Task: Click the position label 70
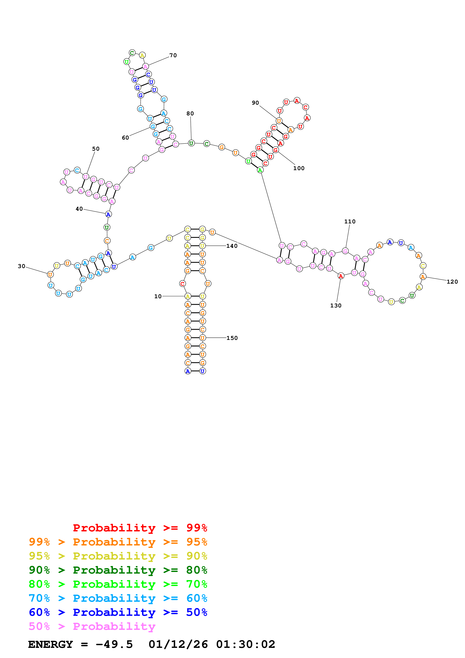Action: pyautogui.click(x=173, y=55)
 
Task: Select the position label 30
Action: pyautogui.click(x=22, y=266)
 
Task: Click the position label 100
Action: pyautogui.click(x=299, y=168)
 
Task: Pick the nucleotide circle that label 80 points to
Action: pyautogui.click(x=191, y=143)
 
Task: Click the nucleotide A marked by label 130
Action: pyautogui.click(x=341, y=276)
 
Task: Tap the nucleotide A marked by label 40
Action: pyautogui.click(x=108, y=214)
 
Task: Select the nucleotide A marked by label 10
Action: pyautogui.click(x=188, y=296)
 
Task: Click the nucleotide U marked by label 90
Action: pyautogui.click(x=279, y=121)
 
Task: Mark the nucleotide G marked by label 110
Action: pyautogui.click(x=346, y=251)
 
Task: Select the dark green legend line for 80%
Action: pyautogui.click(x=118, y=570)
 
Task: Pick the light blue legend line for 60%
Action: pyautogui.click(x=118, y=598)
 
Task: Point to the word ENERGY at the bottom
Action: pyautogui.click(x=50, y=644)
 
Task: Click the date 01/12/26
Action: pyautogui.click(x=178, y=644)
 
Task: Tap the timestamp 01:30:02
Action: pyautogui.click(x=246, y=644)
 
